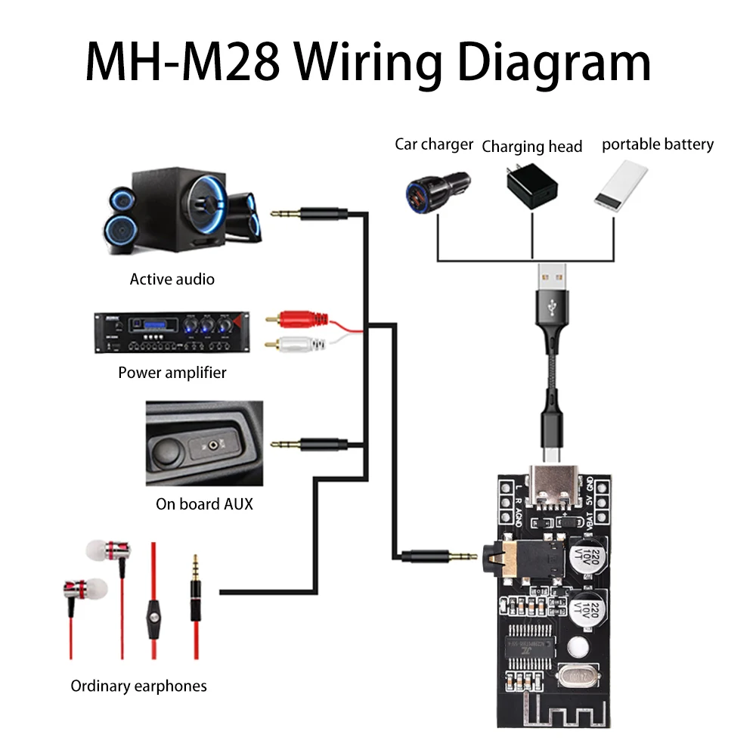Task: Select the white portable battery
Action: click(x=621, y=186)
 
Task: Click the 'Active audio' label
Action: click(x=172, y=279)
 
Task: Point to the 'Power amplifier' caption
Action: click(x=172, y=372)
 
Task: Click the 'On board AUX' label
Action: click(x=204, y=503)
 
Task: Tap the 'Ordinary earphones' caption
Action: click(x=138, y=686)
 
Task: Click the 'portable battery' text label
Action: click(x=657, y=144)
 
